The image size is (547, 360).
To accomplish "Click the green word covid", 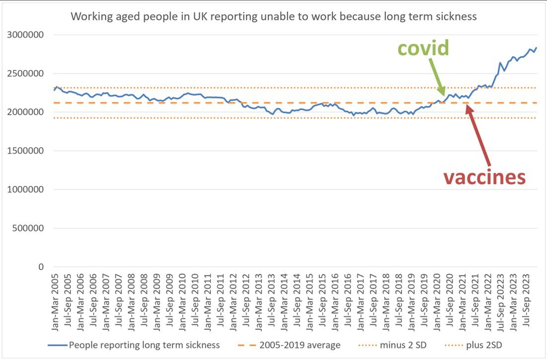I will point(423,48).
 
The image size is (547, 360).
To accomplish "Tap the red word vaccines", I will point(484,176).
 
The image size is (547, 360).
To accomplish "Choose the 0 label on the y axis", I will point(42,267).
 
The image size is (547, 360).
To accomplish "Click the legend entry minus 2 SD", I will point(392,345).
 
